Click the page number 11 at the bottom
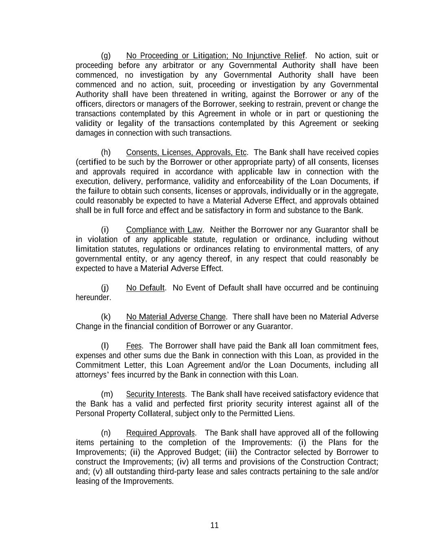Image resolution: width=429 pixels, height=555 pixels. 214,525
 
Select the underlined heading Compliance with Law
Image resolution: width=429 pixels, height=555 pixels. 164,230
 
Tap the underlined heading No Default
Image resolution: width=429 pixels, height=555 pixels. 145,288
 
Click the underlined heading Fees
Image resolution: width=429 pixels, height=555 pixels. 134,346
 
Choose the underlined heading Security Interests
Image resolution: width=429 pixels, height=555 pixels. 155,394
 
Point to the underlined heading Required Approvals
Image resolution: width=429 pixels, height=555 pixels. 160,433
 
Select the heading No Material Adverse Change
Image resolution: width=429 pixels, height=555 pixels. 176,317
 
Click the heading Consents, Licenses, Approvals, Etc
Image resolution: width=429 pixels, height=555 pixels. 186,152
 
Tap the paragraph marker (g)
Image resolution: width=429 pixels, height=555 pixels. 106,56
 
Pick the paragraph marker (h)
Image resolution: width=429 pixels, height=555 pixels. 106,152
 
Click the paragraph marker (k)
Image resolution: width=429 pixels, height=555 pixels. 106,317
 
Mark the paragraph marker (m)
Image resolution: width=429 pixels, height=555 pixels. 107,394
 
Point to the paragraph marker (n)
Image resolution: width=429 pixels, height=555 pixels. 106,433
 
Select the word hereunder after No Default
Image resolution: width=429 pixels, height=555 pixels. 93,298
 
